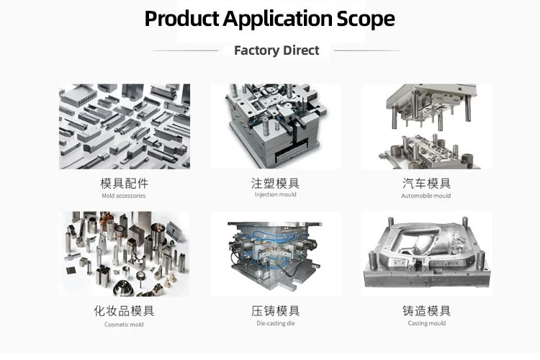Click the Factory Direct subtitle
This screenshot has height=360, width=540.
tap(276, 50)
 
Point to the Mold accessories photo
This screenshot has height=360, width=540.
tap(124, 127)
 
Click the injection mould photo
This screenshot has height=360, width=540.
tap(276, 127)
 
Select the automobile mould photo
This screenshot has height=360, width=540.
tap(426, 127)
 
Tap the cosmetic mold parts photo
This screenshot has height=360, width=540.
tap(124, 253)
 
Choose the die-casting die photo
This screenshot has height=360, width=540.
tap(276, 253)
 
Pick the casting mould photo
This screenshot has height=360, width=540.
tap(426, 253)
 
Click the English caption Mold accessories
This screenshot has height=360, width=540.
tap(124, 196)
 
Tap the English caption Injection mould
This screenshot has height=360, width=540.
tap(276, 194)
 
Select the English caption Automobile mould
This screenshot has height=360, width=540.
tap(426, 196)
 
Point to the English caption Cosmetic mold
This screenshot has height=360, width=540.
tap(124, 324)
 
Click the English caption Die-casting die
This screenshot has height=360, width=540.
tap(276, 323)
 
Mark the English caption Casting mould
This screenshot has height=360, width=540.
tap(426, 323)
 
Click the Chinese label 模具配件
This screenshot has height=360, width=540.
tap(124, 183)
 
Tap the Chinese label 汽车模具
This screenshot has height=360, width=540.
tap(426, 183)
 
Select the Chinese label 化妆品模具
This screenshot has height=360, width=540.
tap(124, 311)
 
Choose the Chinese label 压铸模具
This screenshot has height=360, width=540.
tap(276, 311)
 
